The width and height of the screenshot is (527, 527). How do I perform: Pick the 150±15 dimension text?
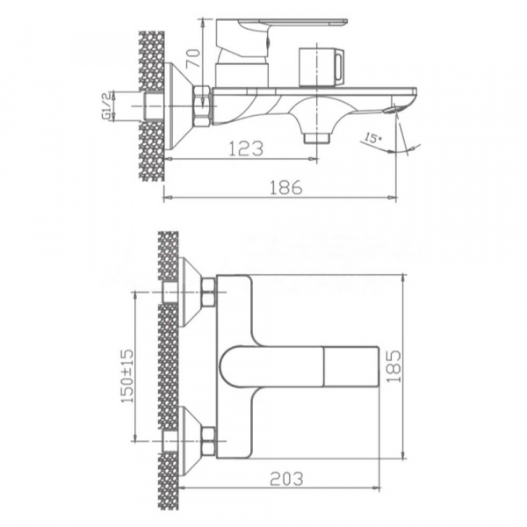[x=125, y=370]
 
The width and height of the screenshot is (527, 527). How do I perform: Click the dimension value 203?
[x=285, y=479]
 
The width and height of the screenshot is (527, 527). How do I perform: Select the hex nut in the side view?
[x=202, y=106]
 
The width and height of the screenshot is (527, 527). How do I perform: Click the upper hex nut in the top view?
[x=208, y=292]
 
